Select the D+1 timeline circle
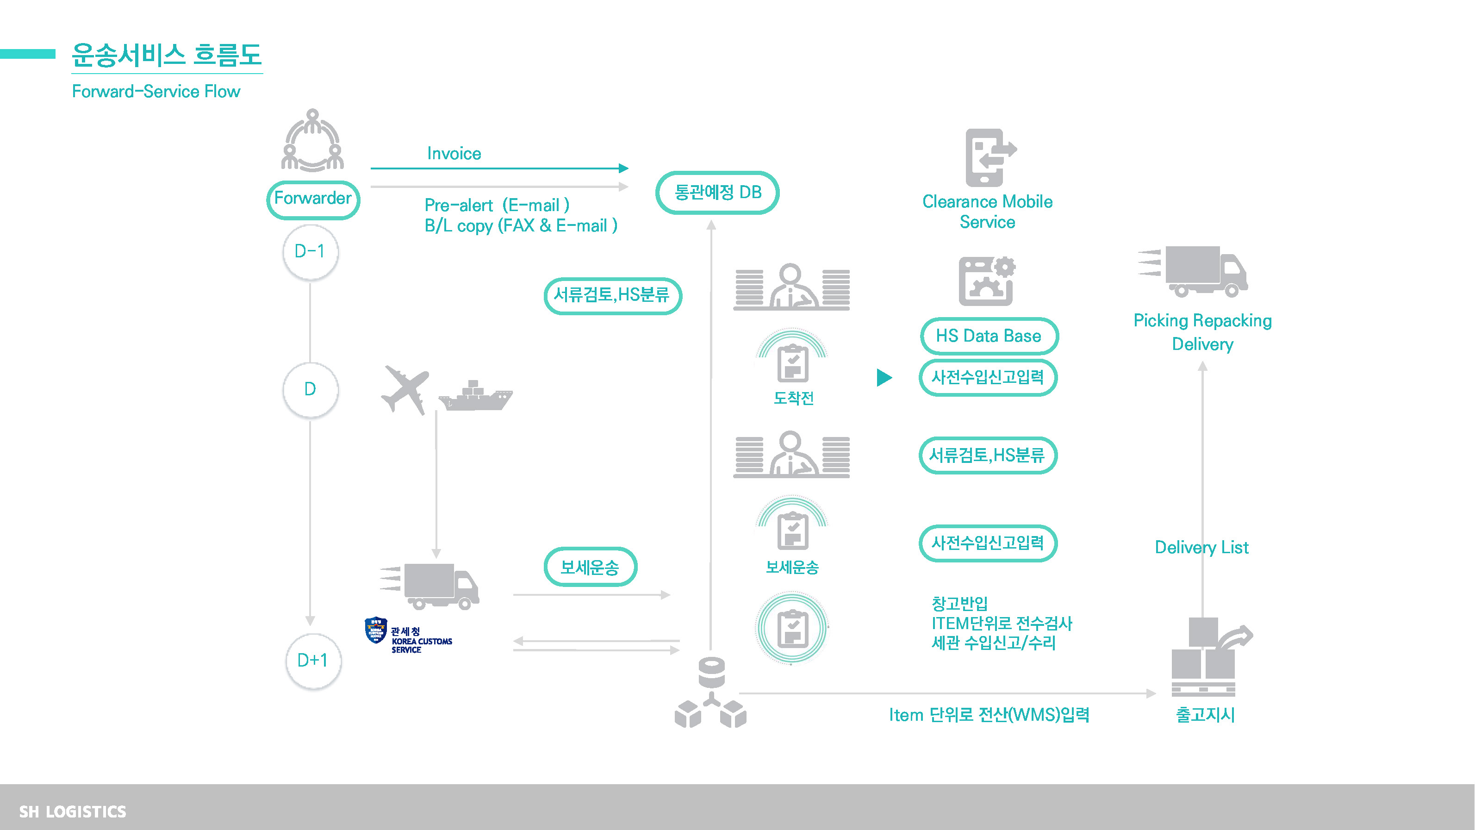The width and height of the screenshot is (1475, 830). pos(313,661)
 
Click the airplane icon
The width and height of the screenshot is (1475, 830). pos(405,388)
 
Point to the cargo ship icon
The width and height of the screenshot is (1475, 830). pos(475,396)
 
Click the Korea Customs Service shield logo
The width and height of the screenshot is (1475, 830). pos(376,630)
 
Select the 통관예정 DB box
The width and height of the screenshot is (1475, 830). pos(717,193)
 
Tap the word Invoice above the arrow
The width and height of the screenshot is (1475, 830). pos(454,154)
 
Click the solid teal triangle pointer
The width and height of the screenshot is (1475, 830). pos(884,377)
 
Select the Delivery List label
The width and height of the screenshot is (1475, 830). pos(1201,547)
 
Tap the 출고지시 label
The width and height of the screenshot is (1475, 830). pos(1205,714)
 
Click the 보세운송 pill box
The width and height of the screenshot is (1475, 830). pos(590,567)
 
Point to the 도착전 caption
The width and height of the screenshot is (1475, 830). pos(793,398)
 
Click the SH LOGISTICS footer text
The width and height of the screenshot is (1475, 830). pos(73,811)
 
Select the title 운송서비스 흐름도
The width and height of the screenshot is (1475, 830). pos(167,56)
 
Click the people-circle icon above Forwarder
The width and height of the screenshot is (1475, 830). pos(313,140)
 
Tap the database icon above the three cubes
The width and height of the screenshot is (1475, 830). pos(712,672)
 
